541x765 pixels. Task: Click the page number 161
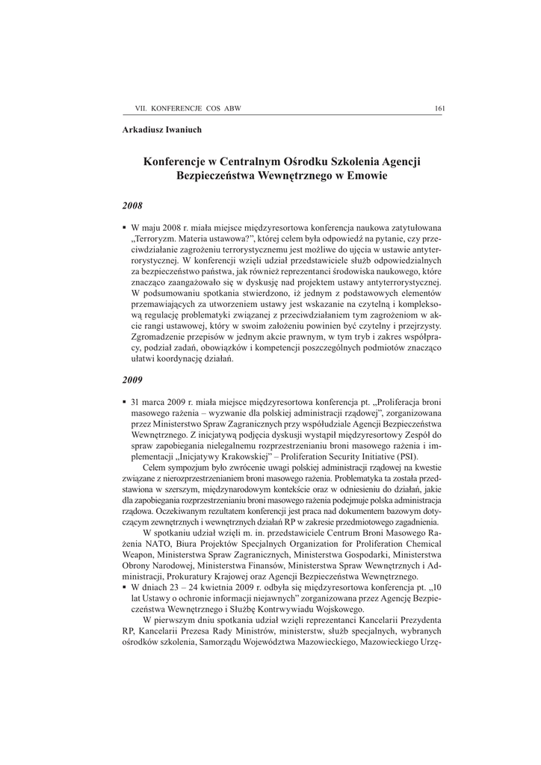(439, 109)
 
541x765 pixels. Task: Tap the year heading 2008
(132, 204)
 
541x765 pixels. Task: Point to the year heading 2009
(132, 380)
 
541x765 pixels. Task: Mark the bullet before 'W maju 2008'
(124, 226)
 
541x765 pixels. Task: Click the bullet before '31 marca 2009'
(124, 402)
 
